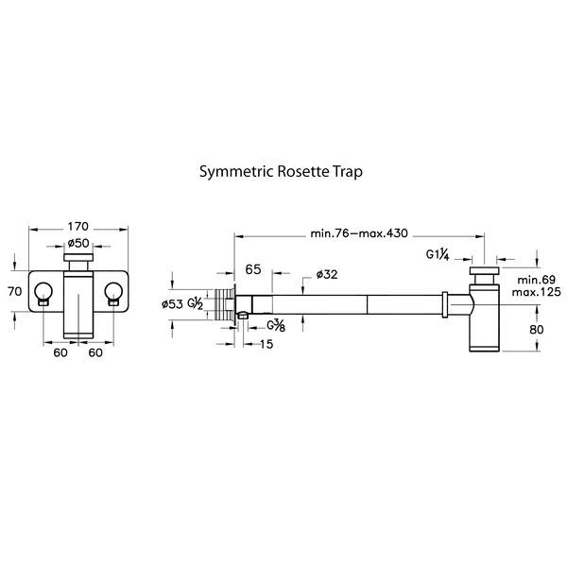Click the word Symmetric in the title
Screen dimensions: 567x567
[x=234, y=173]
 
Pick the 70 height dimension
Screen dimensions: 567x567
[x=14, y=292]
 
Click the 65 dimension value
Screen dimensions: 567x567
[x=253, y=269]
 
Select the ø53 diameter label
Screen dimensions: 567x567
[x=172, y=303]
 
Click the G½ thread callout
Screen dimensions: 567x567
[x=196, y=303]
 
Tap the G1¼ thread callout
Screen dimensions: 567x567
[x=438, y=254]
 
